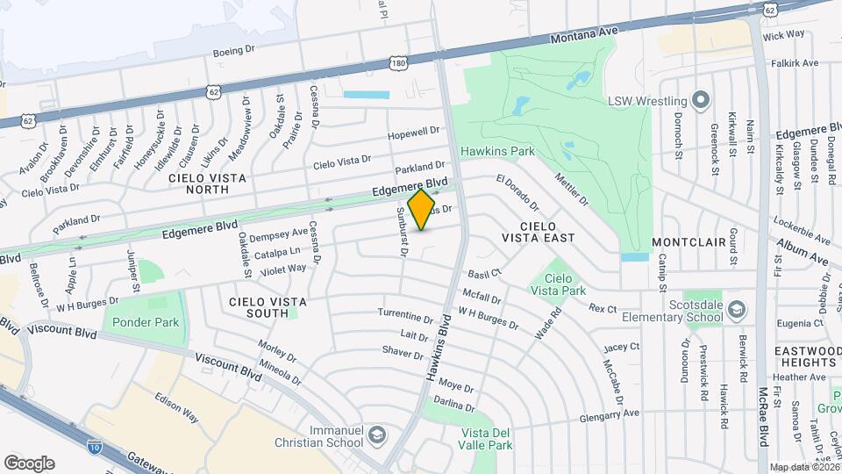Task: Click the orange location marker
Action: [x=422, y=210]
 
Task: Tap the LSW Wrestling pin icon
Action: [x=700, y=99]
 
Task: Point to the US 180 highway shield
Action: [x=399, y=63]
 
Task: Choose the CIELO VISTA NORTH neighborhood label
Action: [x=208, y=185]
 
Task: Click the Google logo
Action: [x=29, y=463]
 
